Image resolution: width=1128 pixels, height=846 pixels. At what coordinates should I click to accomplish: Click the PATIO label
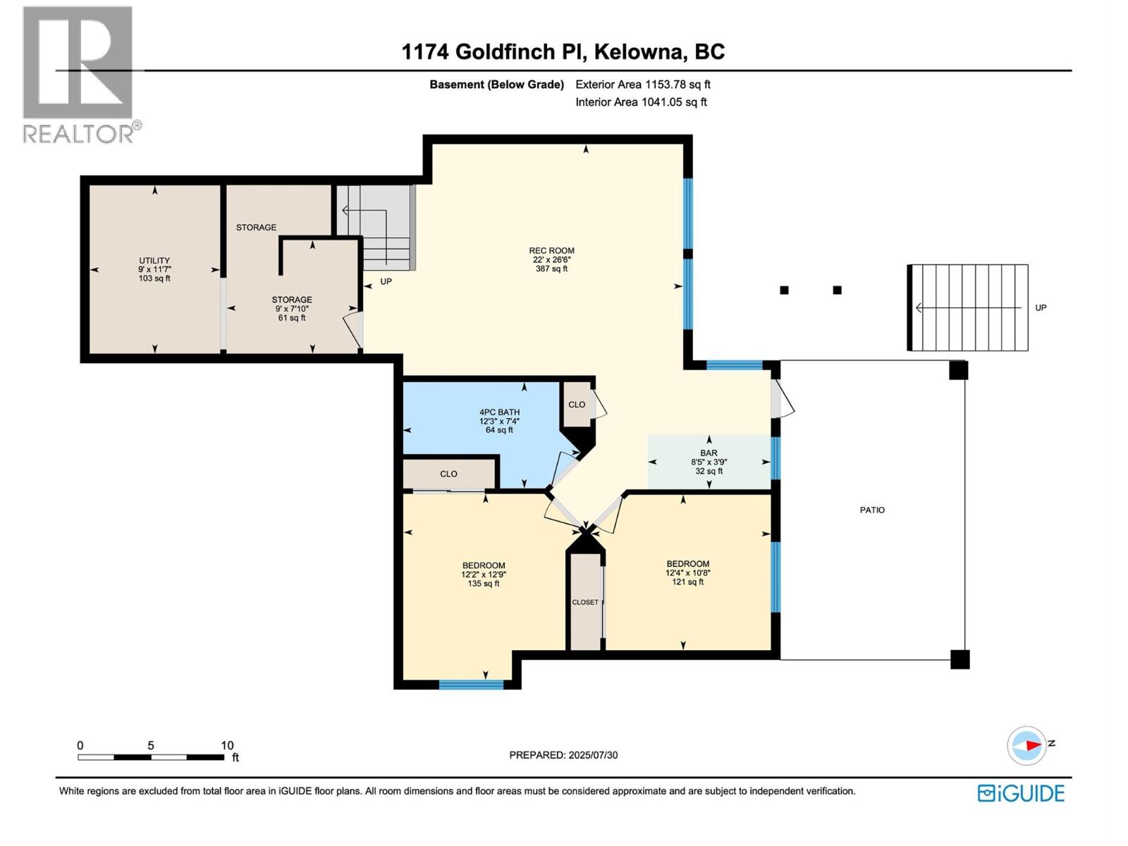coord(872,510)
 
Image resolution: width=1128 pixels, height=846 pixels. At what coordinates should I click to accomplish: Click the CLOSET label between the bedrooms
coord(585,602)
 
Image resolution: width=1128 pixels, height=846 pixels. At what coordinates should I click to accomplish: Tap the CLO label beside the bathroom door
coord(577,405)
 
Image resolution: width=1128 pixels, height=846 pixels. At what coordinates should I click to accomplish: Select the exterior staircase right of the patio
coord(968,307)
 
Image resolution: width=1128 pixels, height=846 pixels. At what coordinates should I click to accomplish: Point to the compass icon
coord(1026,745)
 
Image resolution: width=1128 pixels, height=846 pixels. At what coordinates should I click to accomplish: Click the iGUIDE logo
coord(1021,793)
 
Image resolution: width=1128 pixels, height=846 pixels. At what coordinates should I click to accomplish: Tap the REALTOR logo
coord(79,74)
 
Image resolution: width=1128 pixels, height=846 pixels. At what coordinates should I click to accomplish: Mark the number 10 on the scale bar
coord(227,745)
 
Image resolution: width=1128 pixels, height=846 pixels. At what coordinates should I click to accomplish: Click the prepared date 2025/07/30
coord(592,755)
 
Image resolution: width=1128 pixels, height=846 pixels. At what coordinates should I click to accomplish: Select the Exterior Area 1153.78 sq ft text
coord(642,85)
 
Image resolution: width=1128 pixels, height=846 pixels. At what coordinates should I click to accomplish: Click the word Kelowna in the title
coord(639,52)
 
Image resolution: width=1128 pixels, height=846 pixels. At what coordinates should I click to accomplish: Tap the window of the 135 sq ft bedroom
coord(471,684)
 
